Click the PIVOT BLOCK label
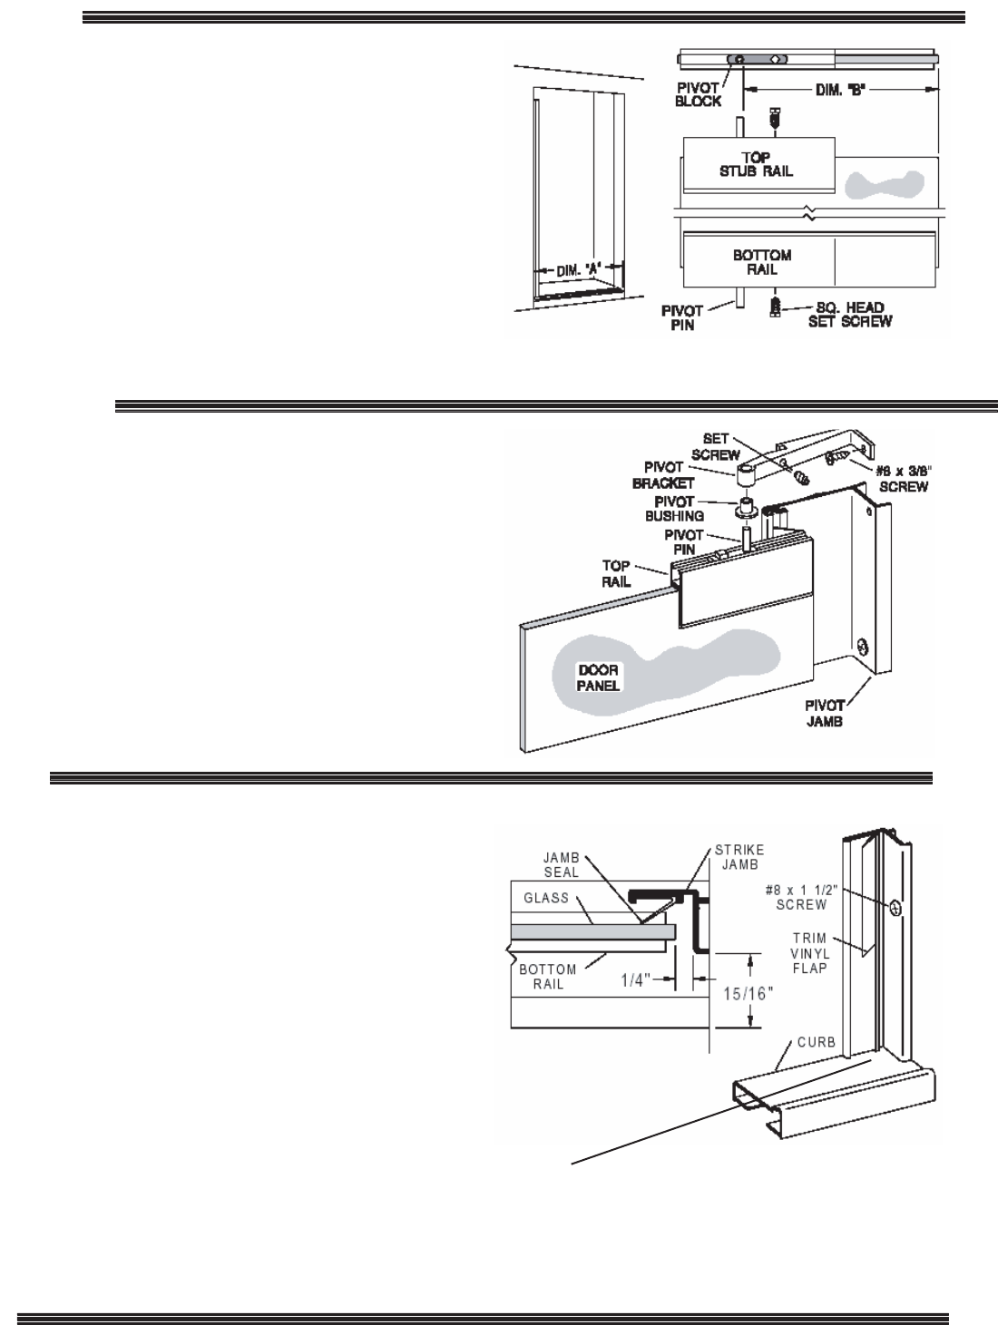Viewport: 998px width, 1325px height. click(x=698, y=94)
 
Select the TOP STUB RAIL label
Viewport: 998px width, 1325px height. click(x=758, y=164)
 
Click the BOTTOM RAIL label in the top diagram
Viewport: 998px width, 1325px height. click(x=761, y=262)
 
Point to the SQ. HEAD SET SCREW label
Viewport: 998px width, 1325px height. click(x=849, y=314)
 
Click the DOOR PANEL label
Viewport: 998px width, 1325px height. click(x=599, y=677)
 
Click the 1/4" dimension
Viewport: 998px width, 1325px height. click(x=634, y=979)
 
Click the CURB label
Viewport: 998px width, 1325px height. click(x=817, y=1041)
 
